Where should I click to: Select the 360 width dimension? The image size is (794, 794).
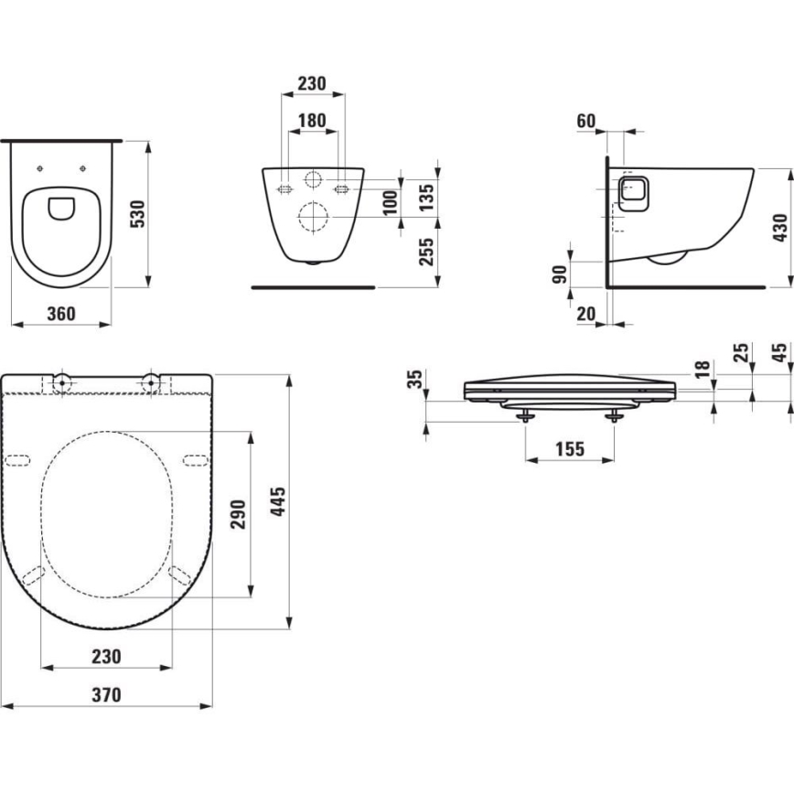click(60, 313)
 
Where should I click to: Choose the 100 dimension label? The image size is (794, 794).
click(391, 200)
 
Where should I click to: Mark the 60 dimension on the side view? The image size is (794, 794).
click(586, 121)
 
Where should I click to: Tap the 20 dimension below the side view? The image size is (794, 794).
click(586, 314)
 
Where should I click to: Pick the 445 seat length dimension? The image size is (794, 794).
click(280, 502)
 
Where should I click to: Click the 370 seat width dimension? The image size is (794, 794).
click(106, 694)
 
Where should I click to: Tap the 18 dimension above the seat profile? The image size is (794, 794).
click(702, 369)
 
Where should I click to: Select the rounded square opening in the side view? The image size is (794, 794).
click(633, 193)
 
